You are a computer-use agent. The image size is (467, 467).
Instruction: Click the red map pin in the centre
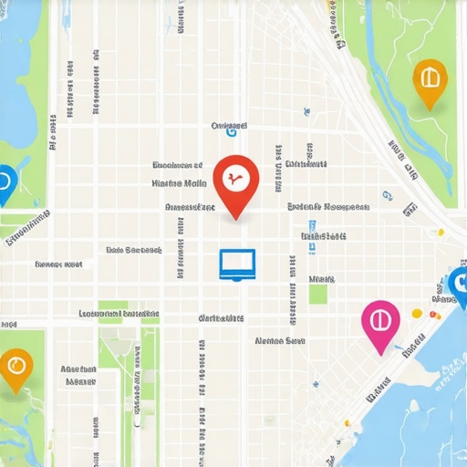click(x=235, y=180)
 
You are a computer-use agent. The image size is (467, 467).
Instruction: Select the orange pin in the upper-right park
click(x=429, y=80)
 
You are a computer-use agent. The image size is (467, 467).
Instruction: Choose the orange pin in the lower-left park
click(x=14, y=368)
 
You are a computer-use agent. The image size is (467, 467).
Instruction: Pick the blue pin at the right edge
click(x=459, y=285)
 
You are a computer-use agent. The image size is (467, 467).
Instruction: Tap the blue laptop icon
click(x=237, y=264)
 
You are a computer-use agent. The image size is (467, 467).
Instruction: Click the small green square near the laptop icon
click(x=317, y=294)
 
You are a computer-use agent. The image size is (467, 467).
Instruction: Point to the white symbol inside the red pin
click(x=235, y=177)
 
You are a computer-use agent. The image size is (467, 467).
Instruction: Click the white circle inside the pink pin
click(x=380, y=321)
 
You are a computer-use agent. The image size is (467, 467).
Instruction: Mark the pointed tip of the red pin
click(x=235, y=219)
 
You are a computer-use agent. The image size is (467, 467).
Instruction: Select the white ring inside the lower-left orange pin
click(x=14, y=367)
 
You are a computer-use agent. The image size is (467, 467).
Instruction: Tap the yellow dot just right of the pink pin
click(x=418, y=314)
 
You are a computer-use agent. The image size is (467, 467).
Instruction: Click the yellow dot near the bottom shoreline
click(x=347, y=423)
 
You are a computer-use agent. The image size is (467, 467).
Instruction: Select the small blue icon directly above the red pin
click(x=230, y=132)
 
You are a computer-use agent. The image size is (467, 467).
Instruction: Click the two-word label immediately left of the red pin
click(x=179, y=182)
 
